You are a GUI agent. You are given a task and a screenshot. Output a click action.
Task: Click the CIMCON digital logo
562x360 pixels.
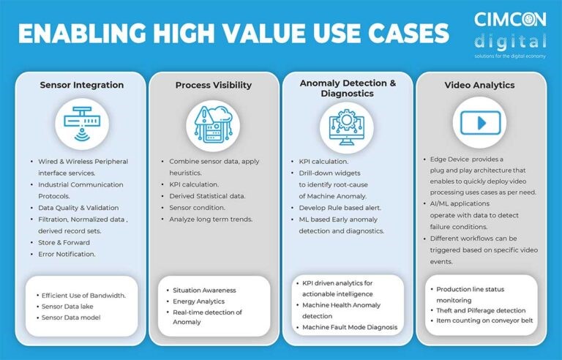coord(510,34)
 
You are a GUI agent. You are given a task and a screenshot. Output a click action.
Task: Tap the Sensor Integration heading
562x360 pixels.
coord(82,85)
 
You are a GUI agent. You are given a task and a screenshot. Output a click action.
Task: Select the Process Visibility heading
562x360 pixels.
coord(214,86)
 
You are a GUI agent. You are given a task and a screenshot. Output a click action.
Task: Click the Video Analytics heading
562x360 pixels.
coord(479,85)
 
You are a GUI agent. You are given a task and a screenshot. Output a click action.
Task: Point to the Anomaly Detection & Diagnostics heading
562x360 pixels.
coord(348,89)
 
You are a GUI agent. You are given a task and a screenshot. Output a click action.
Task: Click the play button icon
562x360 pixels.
coord(480,123)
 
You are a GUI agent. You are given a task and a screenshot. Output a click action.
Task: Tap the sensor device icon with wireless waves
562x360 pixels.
coord(82,124)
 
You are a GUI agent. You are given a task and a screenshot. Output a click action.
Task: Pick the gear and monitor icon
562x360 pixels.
coord(347,127)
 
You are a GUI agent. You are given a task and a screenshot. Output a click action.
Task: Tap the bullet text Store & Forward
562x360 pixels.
coord(64,242)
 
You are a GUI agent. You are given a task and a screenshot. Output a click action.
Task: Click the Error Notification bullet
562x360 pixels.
coord(67,254)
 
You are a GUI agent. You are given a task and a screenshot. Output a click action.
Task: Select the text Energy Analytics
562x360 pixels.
coord(198,301)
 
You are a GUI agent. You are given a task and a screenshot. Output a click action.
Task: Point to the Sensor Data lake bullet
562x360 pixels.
coord(67,306)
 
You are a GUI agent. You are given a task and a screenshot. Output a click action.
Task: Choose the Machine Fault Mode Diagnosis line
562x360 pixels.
coord(350,327)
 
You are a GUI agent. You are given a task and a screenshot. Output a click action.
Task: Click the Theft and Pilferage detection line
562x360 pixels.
coord(481,310)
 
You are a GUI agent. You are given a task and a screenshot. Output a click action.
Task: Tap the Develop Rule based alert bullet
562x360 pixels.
coord(340,208)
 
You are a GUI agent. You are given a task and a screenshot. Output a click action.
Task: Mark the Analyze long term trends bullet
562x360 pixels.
coord(211,219)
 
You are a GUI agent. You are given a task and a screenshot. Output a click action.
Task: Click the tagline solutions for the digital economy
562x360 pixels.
coord(510,56)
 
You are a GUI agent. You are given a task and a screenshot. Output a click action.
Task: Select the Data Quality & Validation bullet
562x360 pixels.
coord(78,208)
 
